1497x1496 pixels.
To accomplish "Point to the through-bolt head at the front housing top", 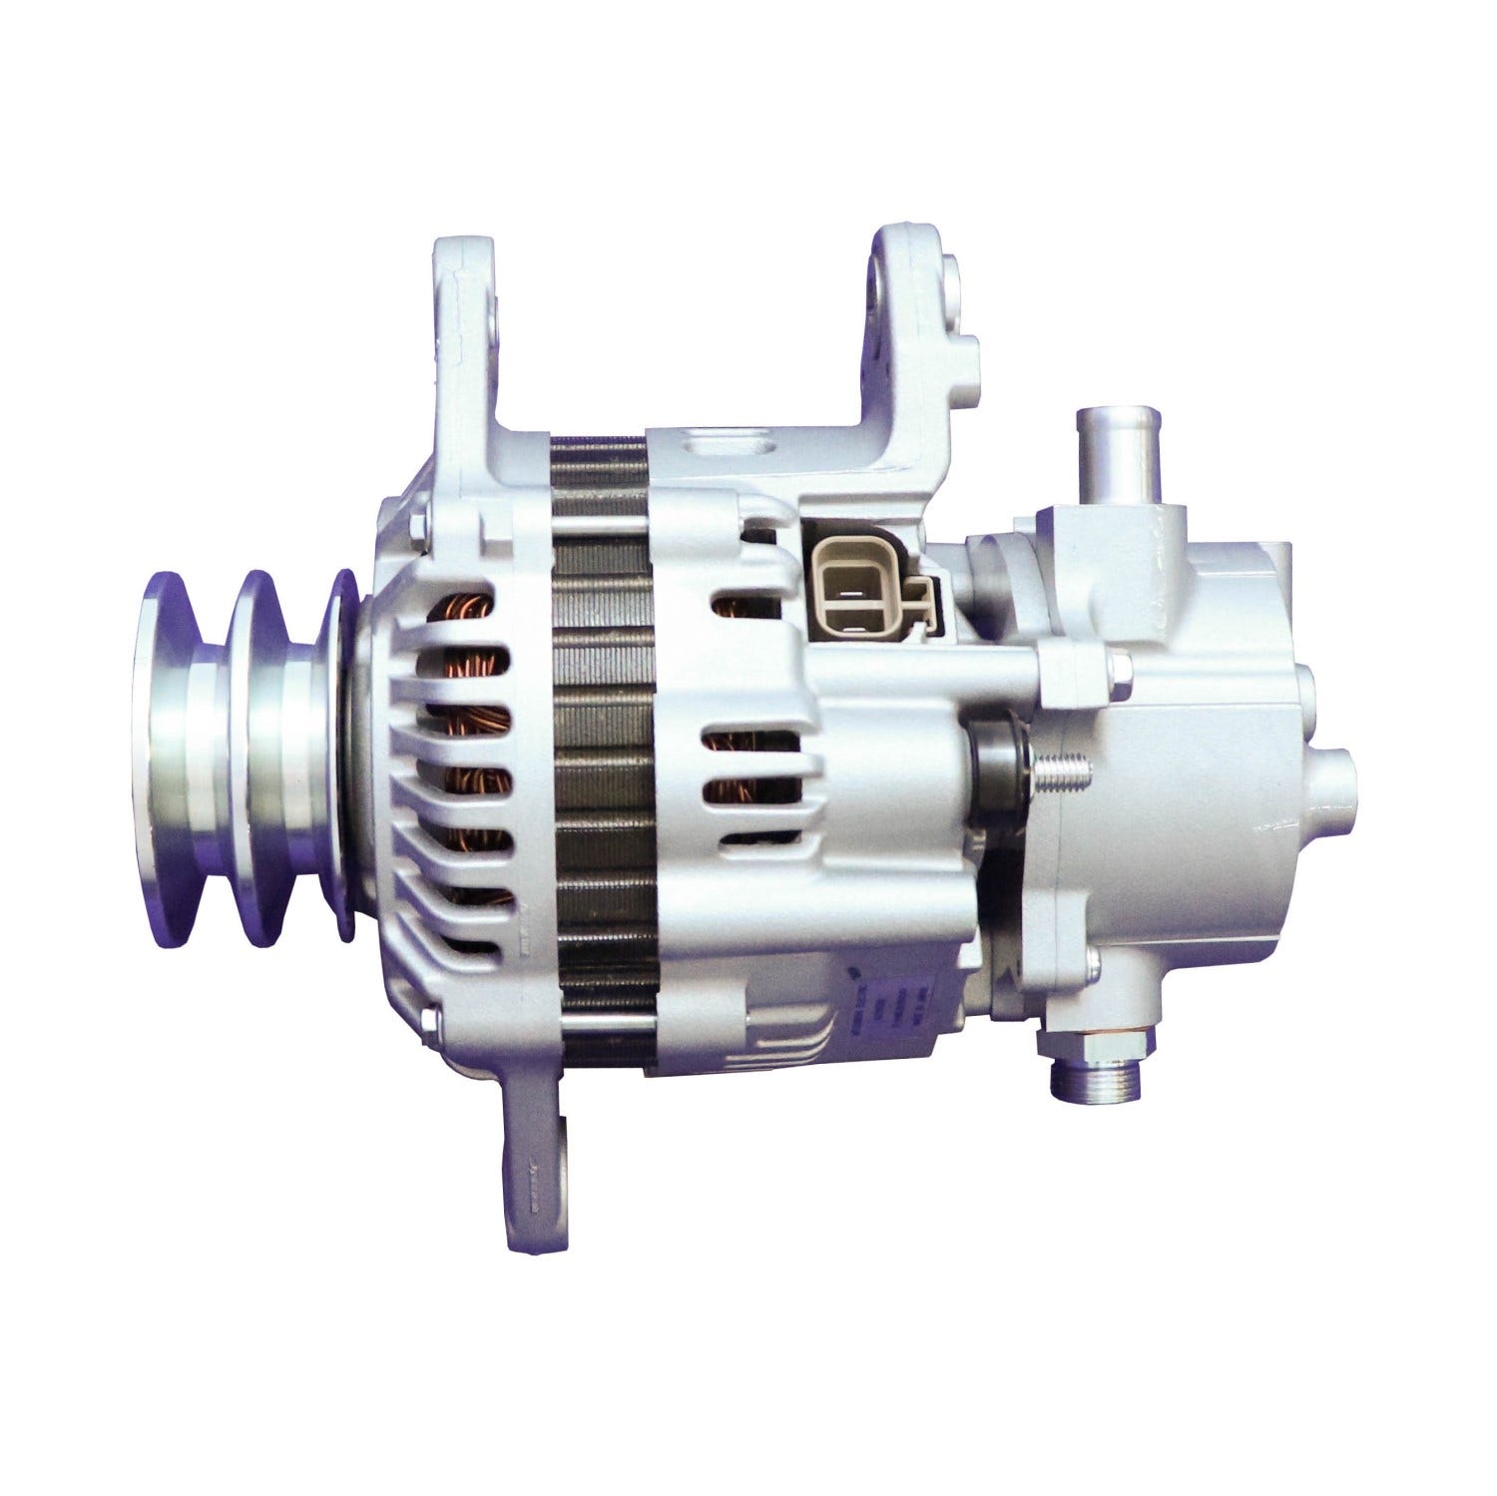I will click(x=415, y=523).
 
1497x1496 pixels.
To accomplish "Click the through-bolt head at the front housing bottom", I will click(x=430, y=1020).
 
